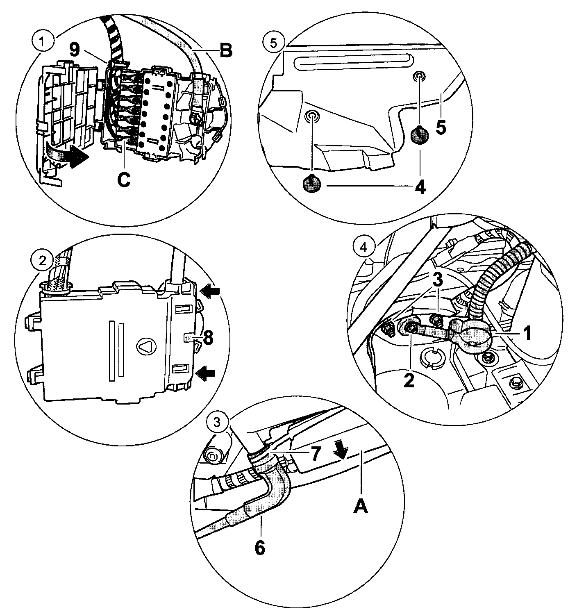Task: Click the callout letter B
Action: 225,51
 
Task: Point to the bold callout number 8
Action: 208,339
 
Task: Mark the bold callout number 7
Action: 314,454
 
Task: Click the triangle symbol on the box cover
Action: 145,347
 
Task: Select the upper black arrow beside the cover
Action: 211,291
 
